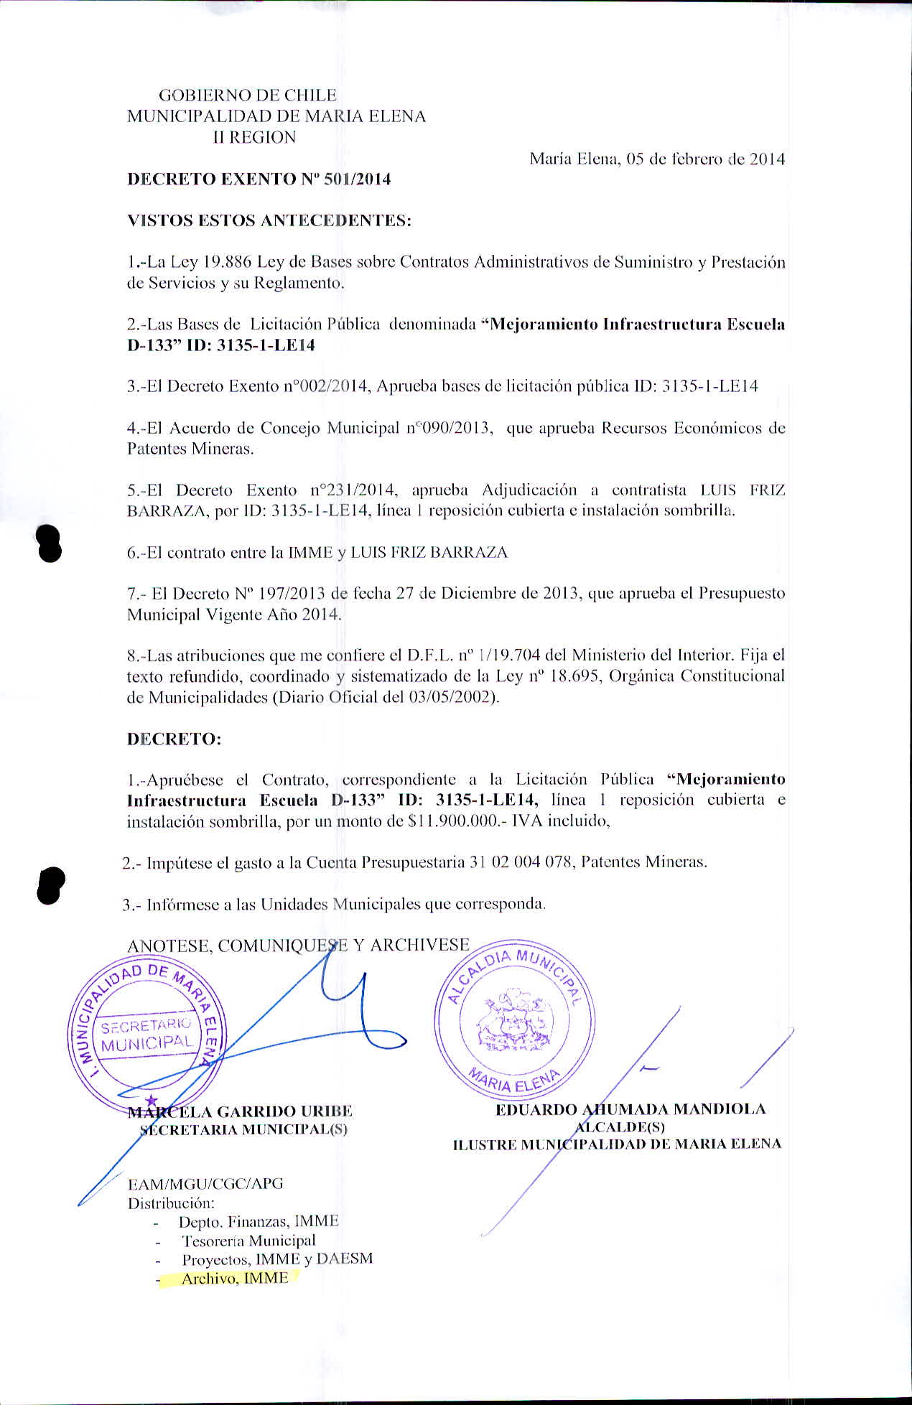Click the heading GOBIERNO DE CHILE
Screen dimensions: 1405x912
247,95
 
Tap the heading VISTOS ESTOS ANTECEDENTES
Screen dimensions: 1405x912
269,220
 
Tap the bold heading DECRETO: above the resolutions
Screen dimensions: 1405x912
174,739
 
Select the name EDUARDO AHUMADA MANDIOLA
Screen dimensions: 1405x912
631,1109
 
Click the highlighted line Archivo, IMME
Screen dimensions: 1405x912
234,1279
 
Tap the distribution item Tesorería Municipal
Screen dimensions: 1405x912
248,1241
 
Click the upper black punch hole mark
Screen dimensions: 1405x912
48,543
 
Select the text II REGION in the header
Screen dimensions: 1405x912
254,138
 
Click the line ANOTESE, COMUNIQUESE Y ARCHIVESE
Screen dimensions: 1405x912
298,946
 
